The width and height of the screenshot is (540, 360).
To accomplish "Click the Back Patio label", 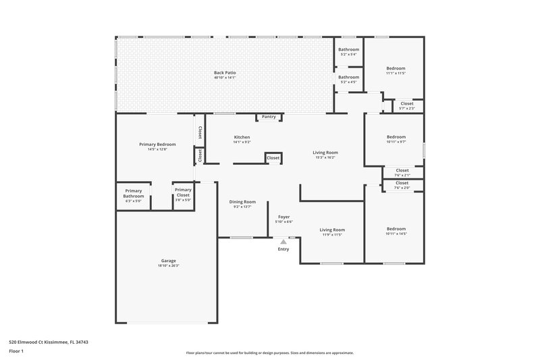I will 225,72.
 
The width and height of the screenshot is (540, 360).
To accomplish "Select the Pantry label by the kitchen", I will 269,117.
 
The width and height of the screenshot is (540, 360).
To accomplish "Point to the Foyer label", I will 283,217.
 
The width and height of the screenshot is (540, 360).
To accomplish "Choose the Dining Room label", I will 242,201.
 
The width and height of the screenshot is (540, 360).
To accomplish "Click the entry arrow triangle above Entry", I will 283,240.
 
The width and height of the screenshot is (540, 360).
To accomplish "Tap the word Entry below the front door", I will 283,249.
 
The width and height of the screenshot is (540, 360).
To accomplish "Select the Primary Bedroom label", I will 157,145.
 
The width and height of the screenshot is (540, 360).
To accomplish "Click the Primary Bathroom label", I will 134,193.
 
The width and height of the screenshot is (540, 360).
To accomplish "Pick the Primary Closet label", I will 183,193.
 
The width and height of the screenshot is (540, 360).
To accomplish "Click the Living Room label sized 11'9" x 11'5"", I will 331,230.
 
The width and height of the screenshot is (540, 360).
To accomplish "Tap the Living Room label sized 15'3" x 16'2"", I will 325,153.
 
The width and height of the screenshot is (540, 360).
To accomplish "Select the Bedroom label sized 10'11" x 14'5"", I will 396,229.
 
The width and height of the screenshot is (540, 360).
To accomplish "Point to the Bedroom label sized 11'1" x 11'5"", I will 396,68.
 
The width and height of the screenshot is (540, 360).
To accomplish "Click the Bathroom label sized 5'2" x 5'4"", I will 349,49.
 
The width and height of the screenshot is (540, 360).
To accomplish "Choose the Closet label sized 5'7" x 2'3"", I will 407,103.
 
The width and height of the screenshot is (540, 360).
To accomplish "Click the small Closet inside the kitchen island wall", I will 273,158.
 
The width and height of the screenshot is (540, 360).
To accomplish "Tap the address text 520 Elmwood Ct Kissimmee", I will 49,342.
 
